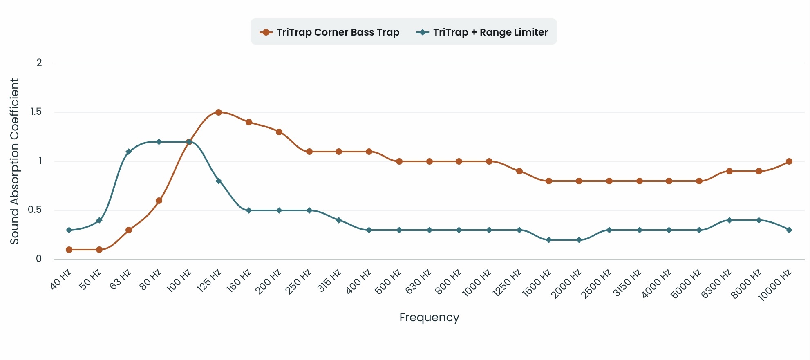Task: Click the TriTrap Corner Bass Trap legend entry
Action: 330,32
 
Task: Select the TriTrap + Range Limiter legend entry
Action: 482,32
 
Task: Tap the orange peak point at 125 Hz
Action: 219,112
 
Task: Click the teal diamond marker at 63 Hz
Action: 129,152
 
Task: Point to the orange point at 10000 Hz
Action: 789,161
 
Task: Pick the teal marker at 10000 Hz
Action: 789,230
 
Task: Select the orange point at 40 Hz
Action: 69,250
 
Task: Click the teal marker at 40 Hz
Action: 69,230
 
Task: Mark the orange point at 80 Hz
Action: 159,201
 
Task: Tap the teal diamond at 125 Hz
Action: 219,181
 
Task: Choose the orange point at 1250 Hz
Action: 519,171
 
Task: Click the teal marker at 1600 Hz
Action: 549,240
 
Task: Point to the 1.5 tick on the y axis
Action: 36,112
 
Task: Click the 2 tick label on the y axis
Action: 39,63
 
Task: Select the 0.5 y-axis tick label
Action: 35,210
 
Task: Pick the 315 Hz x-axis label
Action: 329,280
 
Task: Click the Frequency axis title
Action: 429,318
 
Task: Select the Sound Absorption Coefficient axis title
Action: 15,161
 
